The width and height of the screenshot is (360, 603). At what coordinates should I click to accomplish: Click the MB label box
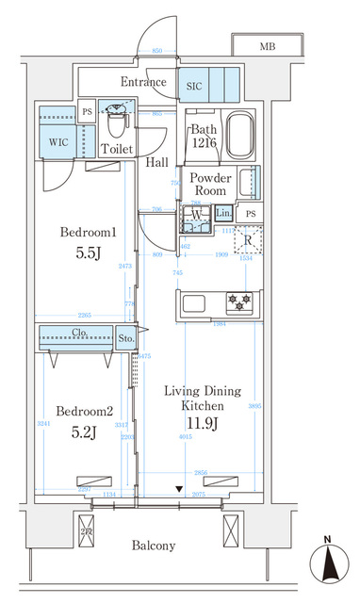tap(267, 45)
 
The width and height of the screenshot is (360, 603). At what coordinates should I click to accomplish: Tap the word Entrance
tap(144, 82)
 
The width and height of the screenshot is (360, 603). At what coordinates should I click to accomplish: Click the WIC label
tap(56, 144)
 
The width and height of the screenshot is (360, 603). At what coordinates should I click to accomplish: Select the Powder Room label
tap(209, 184)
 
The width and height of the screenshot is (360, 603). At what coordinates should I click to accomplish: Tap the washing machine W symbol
tap(195, 214)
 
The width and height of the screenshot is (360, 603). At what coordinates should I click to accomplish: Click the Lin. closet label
tap(223, 214)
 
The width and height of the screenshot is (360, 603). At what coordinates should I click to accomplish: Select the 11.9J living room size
tap(202, 422)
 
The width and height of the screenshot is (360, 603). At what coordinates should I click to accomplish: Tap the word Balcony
tap(154, 546)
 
